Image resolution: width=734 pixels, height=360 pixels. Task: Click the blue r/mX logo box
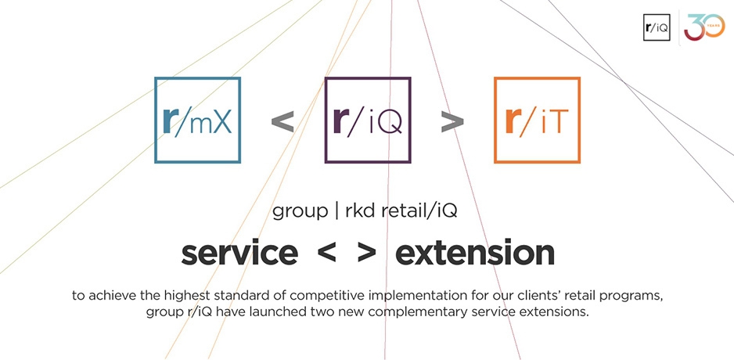[x=197, y=121]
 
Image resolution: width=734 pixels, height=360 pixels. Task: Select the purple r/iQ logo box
[x=368, y=121]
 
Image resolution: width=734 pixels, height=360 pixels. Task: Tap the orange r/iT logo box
[x=538, y=121]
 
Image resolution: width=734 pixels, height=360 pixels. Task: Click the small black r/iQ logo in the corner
[x=657, y=27]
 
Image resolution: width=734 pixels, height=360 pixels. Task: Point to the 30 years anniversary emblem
[x=704, y=27]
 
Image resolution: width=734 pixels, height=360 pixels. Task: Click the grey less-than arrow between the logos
[x=282, y=122]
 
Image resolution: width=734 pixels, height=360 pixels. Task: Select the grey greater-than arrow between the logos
[x=452, y=122]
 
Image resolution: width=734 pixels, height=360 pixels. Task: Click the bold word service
[x=239, y=253]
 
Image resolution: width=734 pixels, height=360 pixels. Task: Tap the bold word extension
[x=475, y=253]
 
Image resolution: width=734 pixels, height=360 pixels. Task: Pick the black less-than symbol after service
[x=326, y=254]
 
